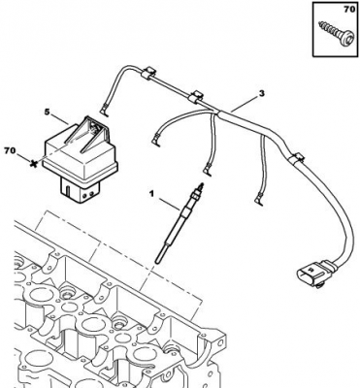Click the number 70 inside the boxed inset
pos(349,10)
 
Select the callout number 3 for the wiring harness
pos(261,93)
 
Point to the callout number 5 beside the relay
pos(48,112)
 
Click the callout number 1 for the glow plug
pos(151,194)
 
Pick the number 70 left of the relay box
pos(10,150)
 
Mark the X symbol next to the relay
pos(33,164)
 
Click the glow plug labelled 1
pos(179,223)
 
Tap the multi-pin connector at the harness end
pos(312,275)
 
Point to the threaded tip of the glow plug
pos(201,187)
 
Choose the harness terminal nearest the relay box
pos(104,111)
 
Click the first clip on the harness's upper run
pos(147,73)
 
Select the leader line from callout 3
pos(245,104)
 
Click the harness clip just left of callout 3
pos(195,97)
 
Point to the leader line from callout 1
pos(169,204)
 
